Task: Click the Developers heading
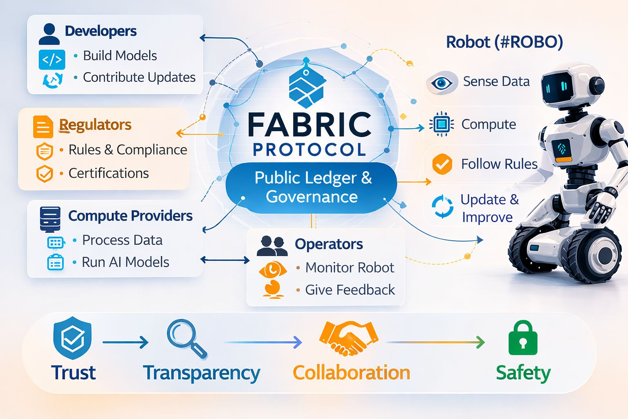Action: [101, 32]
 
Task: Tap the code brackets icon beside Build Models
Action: [52, 59]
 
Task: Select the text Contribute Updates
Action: [139, 77]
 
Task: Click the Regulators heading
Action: [95, 125]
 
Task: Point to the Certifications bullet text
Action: [108, 173]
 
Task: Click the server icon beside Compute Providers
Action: [50, 219]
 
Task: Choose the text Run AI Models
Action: [125, 262]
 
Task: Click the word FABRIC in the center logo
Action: [309, 125]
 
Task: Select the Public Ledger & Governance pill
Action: [312, 187]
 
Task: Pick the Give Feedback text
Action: [350, 290]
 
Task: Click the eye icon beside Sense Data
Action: [441, 83]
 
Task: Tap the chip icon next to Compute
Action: [442, 124]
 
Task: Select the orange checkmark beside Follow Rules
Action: [442, 164]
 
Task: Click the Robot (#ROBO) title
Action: [504, 42]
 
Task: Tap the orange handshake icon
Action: [348, 338]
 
